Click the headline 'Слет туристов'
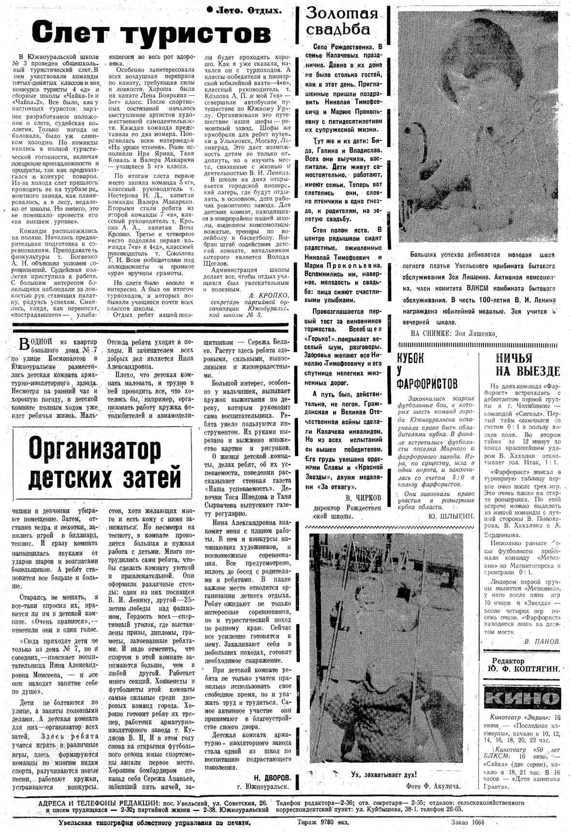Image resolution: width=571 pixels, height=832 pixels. (x=151, y=33)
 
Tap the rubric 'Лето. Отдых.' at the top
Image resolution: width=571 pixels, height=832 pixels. (x=244, y=10)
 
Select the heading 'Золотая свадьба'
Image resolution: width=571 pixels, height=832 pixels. (x=342, y=21)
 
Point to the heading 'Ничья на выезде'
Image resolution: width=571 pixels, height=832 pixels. (x=528, y=365)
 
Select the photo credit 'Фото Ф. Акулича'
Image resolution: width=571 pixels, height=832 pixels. (x=434, y=786)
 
